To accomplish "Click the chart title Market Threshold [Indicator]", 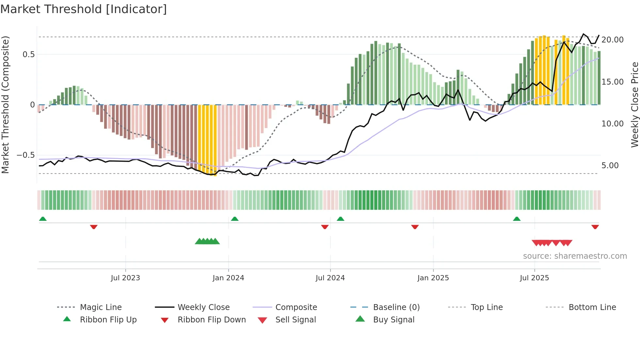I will [84, 9].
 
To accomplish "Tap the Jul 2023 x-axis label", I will [125, 278].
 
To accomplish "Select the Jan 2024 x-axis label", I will [228, 278].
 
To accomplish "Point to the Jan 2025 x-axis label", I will [433, 278].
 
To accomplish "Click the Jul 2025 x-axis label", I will [535, 278].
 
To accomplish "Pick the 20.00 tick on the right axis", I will [612, 40].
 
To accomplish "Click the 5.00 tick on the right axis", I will [610, 166].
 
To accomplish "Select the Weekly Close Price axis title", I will [634, 105].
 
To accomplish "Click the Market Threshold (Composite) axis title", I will [5, 105].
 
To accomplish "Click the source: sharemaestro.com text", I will [575, 256].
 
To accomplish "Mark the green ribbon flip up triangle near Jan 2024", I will [235, 219].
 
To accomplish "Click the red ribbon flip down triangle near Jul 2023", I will [94, 227].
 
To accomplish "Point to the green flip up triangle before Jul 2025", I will [517, 219].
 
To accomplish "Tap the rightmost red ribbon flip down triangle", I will [595, 227].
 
